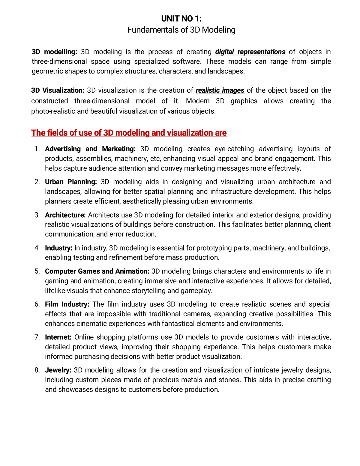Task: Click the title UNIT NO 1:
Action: (x=181, y=19)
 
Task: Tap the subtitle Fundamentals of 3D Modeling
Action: (x=181, y=30)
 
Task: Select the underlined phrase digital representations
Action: (x=250, y=52)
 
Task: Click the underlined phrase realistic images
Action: (x=220, y=91)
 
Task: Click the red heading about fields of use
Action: (x=129, y=133)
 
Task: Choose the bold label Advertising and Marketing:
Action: (x=90, y=149)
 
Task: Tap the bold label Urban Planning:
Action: (x=71, y=182)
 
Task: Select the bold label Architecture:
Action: (x=65, y=215)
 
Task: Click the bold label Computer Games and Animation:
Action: (x=97, y=271)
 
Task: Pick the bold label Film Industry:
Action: (x=67, y=304)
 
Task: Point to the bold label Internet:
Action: (x=58, y=337)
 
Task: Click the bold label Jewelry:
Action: (x=58, y=370)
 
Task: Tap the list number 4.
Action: (x=37, y=248)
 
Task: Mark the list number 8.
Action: (x=37, y=370)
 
